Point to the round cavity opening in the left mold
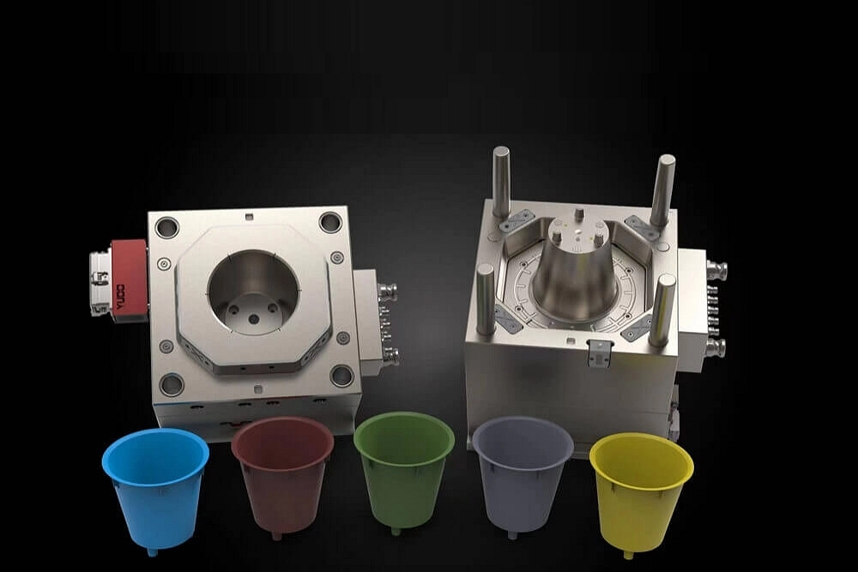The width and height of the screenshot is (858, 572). coord(253,293)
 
